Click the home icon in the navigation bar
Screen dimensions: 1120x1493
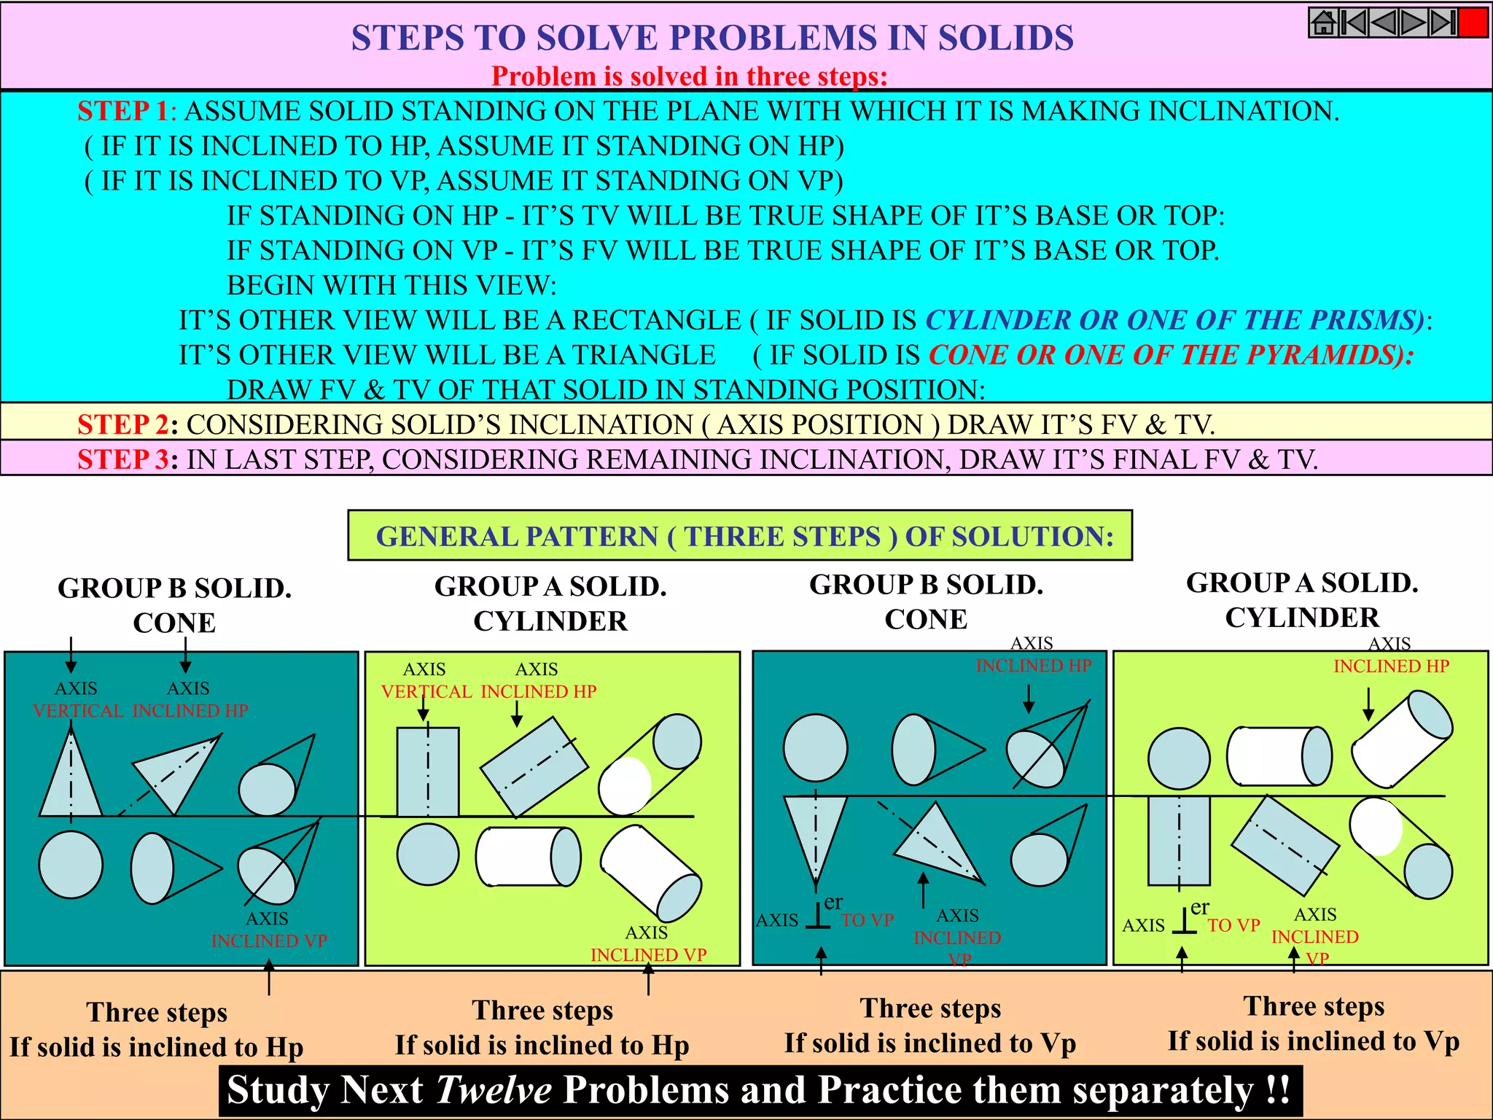coord(1323,23)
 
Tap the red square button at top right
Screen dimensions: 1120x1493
coord(1473,23)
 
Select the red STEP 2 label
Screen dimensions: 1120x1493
coord(124,424)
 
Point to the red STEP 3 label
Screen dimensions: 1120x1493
coord(124,459)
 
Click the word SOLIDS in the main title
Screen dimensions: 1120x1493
coord(1005,38)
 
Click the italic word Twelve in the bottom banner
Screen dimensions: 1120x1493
coord(494,1090)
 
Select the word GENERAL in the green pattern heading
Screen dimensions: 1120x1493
coord(444,537)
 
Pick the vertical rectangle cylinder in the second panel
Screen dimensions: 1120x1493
coord(428,771)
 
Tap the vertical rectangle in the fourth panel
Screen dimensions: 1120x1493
coord(1179,840)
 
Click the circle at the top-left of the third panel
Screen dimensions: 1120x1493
coord(815,748)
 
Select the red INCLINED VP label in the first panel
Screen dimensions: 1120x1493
coord(269,941)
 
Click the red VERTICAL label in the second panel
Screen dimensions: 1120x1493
coord(426,692)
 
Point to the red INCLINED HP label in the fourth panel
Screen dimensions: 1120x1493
coord(1391,666)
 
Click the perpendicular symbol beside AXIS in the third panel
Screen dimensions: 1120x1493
coord(818,916)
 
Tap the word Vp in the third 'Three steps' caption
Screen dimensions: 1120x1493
coord(1058,1043)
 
